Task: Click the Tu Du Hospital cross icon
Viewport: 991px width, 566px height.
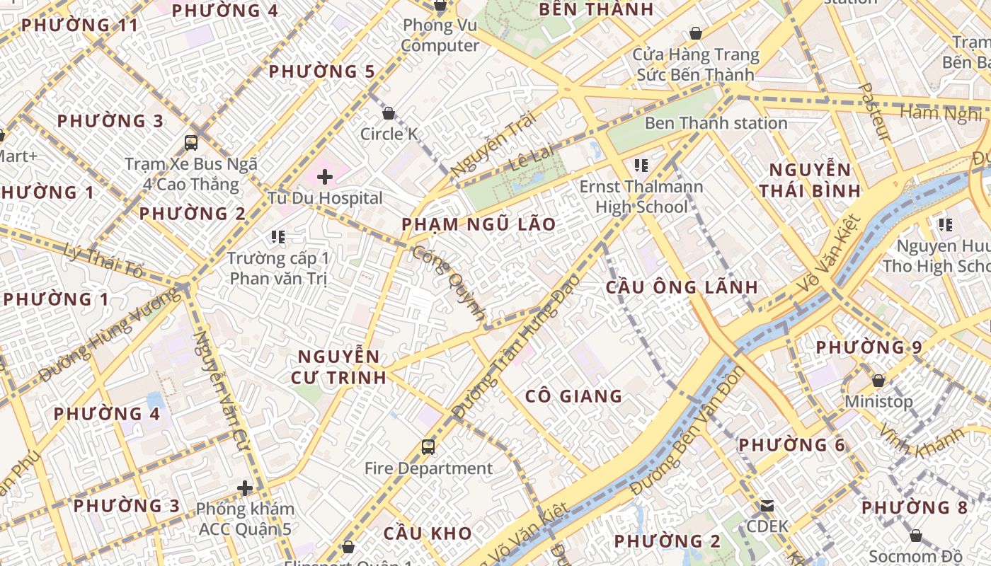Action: [x=325, y=176]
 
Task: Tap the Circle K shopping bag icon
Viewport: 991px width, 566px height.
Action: [x=388, y=113]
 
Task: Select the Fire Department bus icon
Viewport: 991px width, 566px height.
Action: [x=428, y=447]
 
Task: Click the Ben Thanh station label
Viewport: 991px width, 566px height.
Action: [x=716, y=123]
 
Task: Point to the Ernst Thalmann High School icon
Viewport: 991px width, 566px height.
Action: [x=641, y=166]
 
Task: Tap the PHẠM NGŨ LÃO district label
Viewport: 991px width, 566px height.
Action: [x=479, y=225]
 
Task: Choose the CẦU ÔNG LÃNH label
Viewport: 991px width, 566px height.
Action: [x=682, y=287]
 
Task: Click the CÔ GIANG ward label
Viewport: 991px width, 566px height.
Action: [x=573, y=396]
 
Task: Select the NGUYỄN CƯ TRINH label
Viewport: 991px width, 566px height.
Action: [x=338, y=366]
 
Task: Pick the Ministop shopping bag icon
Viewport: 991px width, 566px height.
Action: [x=878, y=381]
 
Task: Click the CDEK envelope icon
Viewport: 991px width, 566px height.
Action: [x=767, y=506]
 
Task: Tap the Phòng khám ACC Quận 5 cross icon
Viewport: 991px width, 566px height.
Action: [x=245, y=488]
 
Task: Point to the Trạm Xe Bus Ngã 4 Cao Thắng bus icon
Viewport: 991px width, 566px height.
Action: [x=191, y=143]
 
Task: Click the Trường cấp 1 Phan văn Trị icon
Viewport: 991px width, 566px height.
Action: [x=277, y=237]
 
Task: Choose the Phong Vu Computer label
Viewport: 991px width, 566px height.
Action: [x=440, y=35]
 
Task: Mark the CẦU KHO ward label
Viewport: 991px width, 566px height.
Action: [x=428, y=533]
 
